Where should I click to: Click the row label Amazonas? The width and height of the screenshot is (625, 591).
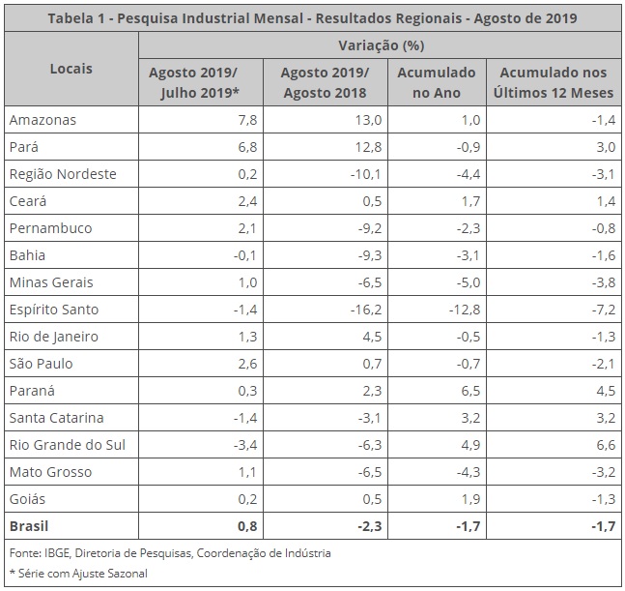click(42, 120)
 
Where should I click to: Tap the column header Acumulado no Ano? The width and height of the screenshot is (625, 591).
click(437, 82)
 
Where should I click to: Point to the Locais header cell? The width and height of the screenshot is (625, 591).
click(71, 69)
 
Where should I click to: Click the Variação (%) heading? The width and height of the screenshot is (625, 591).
click(381, 45)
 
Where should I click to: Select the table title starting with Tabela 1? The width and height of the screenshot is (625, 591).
click(312, 18)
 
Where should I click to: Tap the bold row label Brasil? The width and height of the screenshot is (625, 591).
click(31, 526)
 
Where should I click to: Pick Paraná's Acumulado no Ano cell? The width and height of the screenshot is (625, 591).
click(466, 391)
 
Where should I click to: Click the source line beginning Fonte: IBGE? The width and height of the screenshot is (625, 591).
click(170, 553)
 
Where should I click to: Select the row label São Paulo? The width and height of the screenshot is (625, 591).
click(41, 364)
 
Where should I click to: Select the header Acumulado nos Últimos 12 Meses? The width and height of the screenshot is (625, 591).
click(554, 82)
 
